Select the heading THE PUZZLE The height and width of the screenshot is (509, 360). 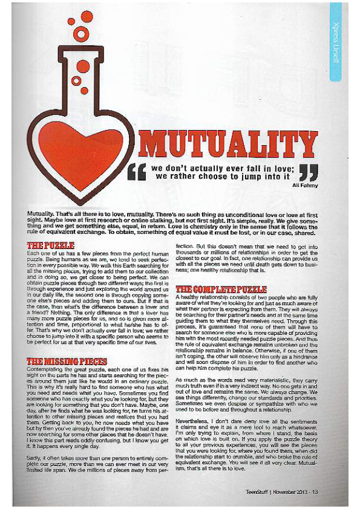51,245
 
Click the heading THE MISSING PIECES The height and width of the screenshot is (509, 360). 67,361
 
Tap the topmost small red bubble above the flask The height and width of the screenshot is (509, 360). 87,16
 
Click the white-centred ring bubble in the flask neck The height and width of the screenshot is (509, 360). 76,80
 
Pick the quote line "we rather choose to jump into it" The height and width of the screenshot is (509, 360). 223,177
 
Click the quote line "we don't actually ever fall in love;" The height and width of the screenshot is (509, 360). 223,167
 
